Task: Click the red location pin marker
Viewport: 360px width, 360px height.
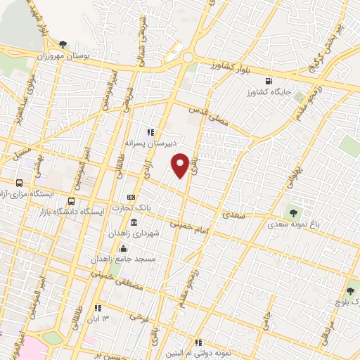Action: (180, 165)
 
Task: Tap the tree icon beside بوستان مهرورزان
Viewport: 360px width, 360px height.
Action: (64, 44)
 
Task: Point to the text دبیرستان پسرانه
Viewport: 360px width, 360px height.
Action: (149, 142)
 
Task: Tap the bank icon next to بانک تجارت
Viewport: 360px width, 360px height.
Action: (131, 198)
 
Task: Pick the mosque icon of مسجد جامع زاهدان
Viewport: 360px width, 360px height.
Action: (123, 247)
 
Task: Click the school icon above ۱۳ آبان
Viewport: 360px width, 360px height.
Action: (98, 307)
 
